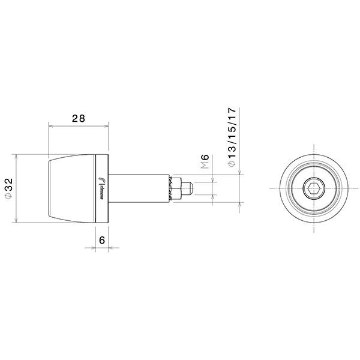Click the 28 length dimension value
pos(78,118)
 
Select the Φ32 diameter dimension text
pos(8,188)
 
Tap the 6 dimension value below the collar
pos(102,239)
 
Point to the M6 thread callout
pos(205,163)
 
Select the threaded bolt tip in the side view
pos(187,188)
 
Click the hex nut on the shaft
pos(176,188)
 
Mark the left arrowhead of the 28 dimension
pos(50,127)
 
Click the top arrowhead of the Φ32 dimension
pos(16,156)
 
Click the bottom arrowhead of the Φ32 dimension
pos(16,221)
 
